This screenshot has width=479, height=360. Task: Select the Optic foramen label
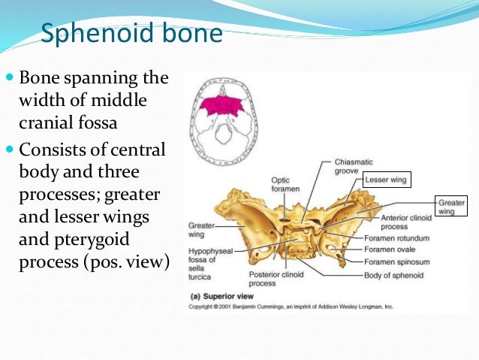(285, 185)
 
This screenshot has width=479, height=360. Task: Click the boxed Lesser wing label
(385, 180)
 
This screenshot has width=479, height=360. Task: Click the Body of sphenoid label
(393, 276)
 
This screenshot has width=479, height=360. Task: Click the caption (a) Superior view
(218, 298)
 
